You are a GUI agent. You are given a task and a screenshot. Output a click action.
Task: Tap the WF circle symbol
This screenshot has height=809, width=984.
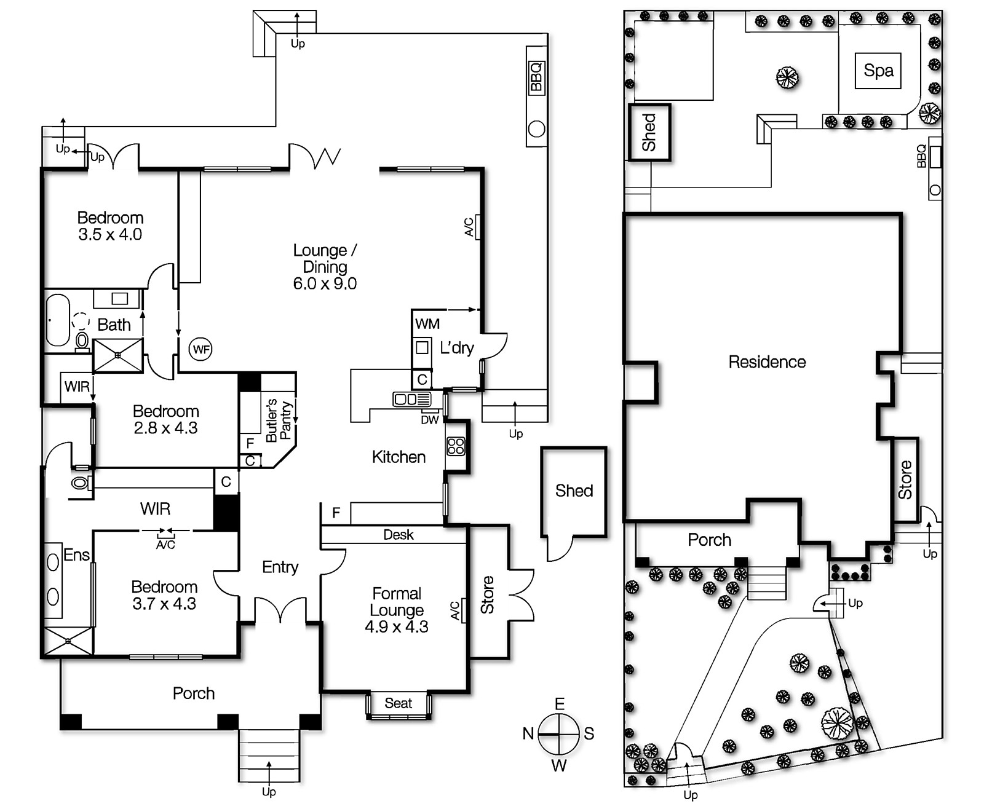coord(200,350)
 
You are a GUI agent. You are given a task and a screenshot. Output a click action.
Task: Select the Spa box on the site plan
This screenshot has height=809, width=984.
coord(878,71)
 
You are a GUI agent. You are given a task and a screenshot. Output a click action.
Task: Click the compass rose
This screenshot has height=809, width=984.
coord(558,734)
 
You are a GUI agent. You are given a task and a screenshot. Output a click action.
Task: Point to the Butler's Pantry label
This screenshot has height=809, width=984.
coord(279,420)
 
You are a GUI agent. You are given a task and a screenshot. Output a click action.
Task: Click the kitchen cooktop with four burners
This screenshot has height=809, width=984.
coord(456,446)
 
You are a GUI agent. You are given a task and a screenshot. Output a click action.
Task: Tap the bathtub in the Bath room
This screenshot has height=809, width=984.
coord(58,320)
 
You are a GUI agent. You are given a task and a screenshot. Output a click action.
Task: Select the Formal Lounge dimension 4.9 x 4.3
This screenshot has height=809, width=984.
coord(397,627)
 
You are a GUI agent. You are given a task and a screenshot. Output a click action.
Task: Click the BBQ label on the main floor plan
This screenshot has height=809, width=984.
coord(536,76)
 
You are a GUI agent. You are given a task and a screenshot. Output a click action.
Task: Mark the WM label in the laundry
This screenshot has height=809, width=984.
coord(427,324)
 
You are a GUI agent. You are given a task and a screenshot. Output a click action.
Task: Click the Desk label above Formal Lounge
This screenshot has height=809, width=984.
coord(399,535)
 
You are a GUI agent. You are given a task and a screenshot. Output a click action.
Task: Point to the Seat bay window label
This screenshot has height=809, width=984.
coord(398,703)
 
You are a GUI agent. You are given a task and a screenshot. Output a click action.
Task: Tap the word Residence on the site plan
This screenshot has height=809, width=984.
coord(767,362)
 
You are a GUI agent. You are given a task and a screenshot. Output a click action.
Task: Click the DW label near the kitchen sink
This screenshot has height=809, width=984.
coord(430,420)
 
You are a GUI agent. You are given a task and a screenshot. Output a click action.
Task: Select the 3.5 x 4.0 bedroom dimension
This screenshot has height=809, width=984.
coord(110,235)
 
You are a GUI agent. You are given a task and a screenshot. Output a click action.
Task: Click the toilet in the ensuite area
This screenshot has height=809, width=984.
coord(80,483)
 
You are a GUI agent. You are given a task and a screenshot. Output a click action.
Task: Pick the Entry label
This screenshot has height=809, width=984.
coord(280,567)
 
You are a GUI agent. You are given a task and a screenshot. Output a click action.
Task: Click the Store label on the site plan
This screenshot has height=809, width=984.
coord(905,480)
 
